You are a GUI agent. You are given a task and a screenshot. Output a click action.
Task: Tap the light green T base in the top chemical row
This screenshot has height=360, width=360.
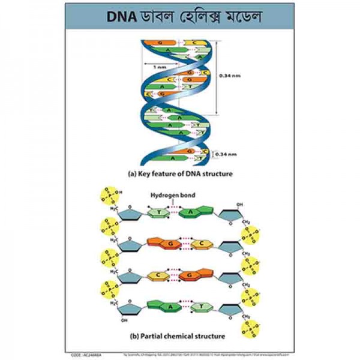[159, 212]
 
